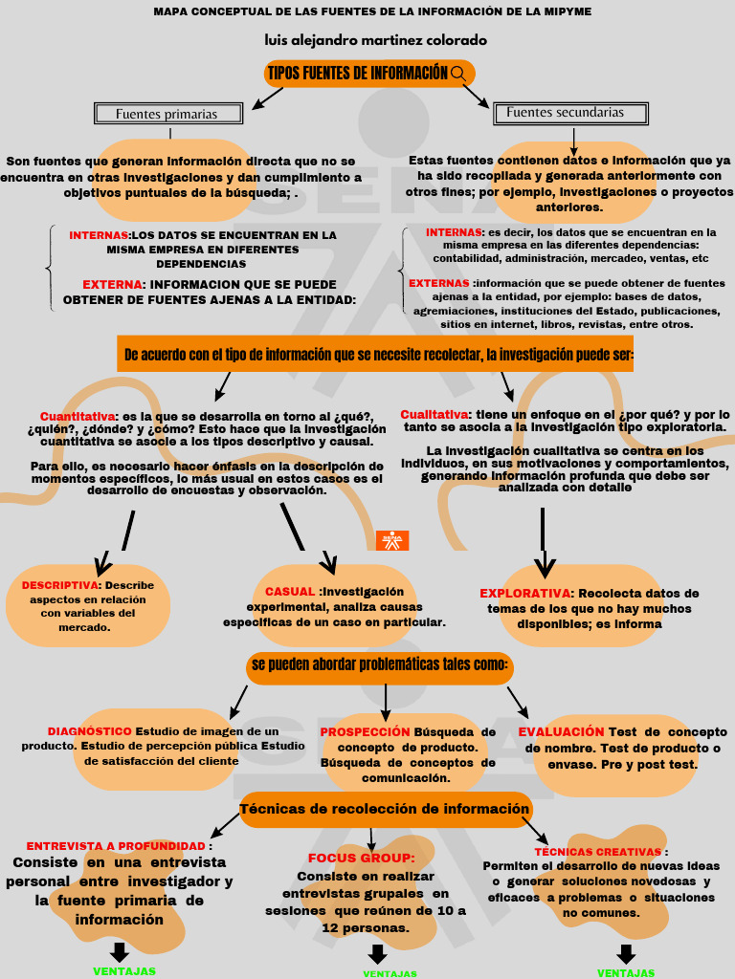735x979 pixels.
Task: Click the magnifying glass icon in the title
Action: pos(458,74)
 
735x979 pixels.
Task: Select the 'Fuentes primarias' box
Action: pos(167,114)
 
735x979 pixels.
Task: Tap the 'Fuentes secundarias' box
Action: pos(566,113)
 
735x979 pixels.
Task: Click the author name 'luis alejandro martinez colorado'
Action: pos(376,41)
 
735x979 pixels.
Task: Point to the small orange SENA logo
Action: pos(392,540)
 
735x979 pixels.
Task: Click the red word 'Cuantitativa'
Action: pos(78,417)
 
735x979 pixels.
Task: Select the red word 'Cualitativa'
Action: pos(434,414)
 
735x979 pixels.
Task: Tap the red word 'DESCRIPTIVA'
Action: pos(60,585)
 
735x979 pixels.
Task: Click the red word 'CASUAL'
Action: pos(290,592)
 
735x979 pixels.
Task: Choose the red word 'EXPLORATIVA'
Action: pos(525,594)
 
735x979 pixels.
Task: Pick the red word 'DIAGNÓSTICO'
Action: pos(90,731)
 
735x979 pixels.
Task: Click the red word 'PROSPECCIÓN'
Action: pos(365,732)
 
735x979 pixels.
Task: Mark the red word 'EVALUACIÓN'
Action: pos(562,732)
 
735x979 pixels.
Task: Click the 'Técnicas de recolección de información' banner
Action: pos(385,810)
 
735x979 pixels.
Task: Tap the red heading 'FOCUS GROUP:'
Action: pos(361,859)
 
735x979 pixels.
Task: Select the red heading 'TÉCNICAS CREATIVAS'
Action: pos(598,852)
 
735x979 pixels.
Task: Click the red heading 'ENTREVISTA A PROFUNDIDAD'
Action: pos(116,846)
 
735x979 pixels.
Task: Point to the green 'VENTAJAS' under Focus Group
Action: pos(390,973)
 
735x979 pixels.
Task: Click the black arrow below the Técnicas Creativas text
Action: pos(626,954)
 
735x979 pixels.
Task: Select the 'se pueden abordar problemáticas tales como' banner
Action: pos(380,665)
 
